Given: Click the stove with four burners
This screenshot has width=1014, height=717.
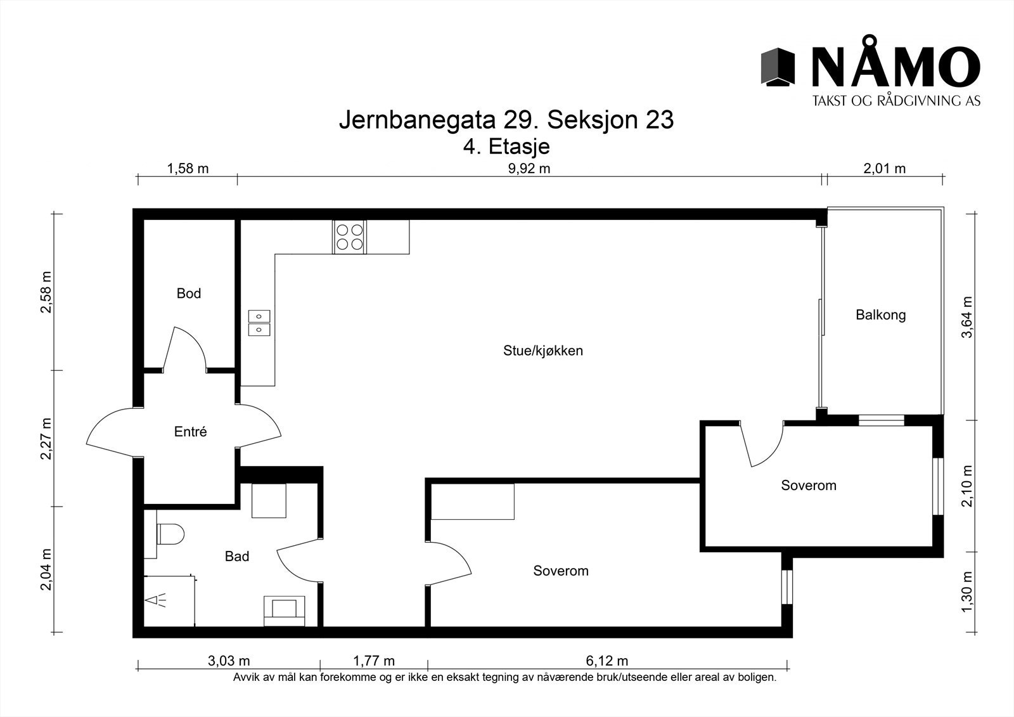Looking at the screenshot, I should click(x=349, y=237).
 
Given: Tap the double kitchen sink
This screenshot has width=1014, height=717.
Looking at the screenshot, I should click(x=259, y=322).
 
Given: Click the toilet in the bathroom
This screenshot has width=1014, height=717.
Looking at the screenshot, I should click(x=169, y=534).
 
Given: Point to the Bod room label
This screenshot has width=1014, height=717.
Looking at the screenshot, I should click(x=189, y=294).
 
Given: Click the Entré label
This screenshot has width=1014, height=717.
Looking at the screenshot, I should click(x=190, y=432).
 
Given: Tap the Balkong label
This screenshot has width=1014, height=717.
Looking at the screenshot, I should click(x=880, y=315).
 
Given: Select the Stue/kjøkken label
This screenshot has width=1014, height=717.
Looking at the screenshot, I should click(x=542, y=351).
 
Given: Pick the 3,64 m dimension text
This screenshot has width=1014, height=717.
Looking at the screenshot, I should click(x=967, y=317).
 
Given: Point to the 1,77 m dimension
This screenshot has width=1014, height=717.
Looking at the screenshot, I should click(x=373, y=662).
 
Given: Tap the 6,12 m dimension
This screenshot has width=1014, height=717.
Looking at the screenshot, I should click(x=607, y=662).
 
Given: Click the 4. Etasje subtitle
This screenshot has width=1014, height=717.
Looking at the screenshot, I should click(x=506, y=147).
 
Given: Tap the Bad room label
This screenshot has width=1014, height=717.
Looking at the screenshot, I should click(x=237, y=557).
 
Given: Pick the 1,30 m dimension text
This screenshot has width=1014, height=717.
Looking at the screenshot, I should click(x=967, y=592).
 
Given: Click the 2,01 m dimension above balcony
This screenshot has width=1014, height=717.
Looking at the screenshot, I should click(x=884, y=169).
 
